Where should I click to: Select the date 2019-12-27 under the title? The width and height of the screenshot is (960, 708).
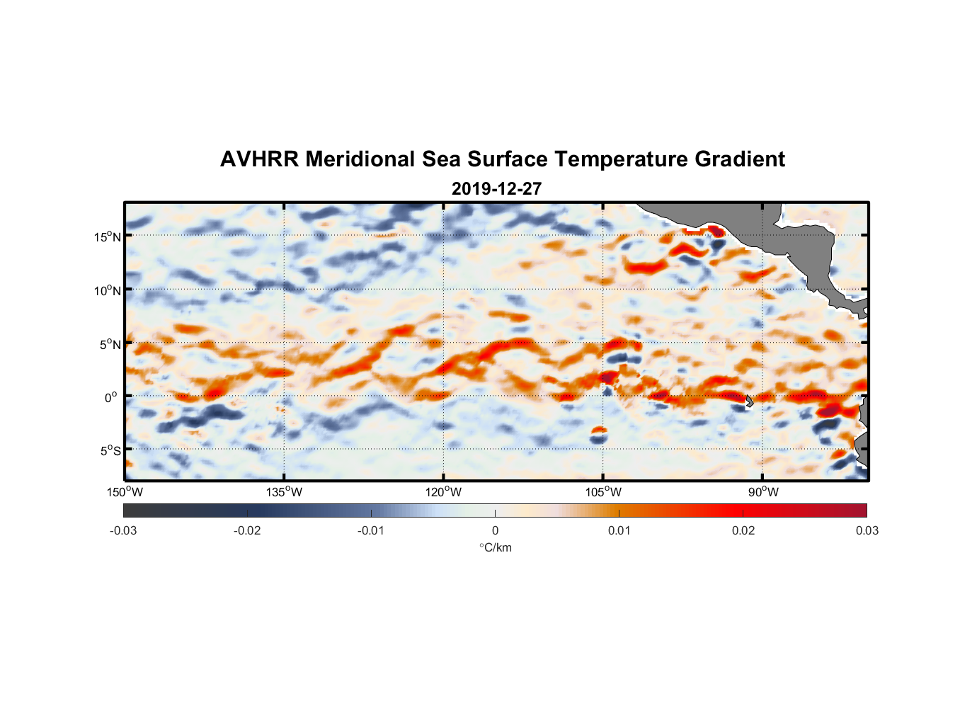point(496,189)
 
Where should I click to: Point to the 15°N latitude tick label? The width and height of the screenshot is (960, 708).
point(108,236)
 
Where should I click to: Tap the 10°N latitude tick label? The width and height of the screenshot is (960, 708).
point(108,290)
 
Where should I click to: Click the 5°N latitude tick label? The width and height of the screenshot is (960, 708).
point(110,345)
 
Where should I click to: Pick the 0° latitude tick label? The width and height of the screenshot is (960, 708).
point(111,398)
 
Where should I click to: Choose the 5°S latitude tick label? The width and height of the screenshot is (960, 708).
point(110,451)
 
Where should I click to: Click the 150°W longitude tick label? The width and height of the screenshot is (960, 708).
point(125,492)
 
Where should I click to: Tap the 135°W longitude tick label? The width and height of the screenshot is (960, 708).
point(285,492)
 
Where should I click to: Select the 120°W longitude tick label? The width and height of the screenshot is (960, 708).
point(444,492)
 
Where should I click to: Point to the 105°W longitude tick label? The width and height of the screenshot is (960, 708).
point(603,492)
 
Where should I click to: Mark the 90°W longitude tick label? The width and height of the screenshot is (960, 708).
point(763,492)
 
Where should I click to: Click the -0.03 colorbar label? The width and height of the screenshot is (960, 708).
point(123,530)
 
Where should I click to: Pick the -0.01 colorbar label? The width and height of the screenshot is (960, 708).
point(371,530)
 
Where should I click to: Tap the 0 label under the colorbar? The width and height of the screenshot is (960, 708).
point(495,530)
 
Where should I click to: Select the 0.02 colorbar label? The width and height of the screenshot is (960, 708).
point(743,530)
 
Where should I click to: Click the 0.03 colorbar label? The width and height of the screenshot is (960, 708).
point(867,530)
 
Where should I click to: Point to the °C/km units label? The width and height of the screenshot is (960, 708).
point(495,547)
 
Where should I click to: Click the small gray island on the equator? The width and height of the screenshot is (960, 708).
point(749,401)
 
